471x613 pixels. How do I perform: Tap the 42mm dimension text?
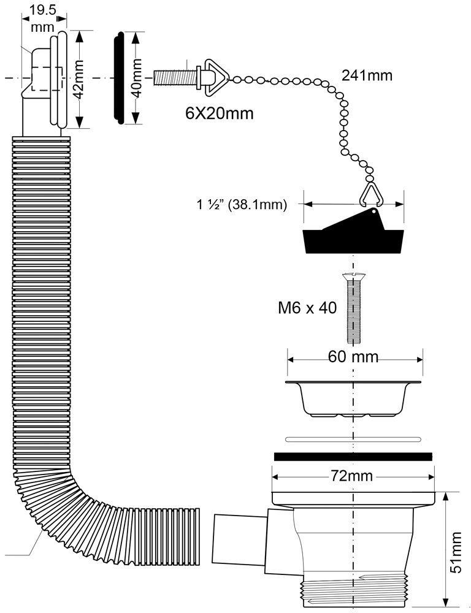pyautogui.click(x=78, y=80)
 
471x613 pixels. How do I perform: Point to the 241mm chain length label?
pyautogui.click(x=367, y=75)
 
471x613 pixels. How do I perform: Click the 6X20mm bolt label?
pyautogui.click(x=219, y=113)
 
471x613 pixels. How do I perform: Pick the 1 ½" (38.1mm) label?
pyautogui.click(x=242, y=205)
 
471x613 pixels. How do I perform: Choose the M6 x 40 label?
pyautogui.click(x=307, y=308)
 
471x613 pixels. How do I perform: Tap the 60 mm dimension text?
pyautogui.click(x=353, y=357)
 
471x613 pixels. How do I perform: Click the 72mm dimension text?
pyautogui.click(x=352, y=476)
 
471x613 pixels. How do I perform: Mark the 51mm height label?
pyautogui.click(x=456, y=553)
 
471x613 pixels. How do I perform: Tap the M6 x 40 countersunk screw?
pyautogui.click(x=353, y=308)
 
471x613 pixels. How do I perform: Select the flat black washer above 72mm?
pyautogui.click(x=353, y=456)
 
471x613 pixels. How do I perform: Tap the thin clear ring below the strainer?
pyautogui.click(x=353, y=439)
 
